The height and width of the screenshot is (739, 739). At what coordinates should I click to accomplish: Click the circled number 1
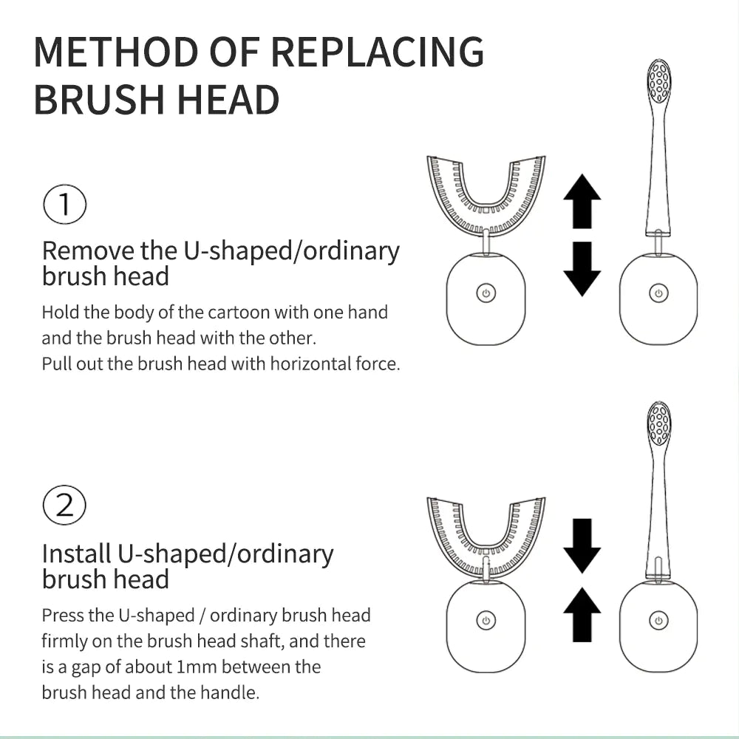coord(65,204)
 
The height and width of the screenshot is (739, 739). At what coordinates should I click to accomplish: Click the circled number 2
coord(65,506)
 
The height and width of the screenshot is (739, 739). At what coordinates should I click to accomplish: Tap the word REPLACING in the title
coord(378,52)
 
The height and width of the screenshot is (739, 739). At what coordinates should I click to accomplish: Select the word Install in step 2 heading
coord(76,554)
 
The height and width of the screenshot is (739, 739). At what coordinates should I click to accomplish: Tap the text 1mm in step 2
coord(197,667)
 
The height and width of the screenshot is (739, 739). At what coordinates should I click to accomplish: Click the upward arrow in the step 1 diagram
coord(582,201)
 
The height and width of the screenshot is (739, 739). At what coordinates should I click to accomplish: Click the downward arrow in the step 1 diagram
coord(582,268)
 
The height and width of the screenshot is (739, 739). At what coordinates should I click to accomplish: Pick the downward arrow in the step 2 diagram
coord(582,545)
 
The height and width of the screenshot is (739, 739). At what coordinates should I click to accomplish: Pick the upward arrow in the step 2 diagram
coord(582,613)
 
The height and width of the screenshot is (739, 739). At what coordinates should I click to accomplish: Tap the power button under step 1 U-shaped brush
coord(486,293)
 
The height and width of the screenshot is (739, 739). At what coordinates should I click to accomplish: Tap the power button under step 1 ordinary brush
coord(658,293)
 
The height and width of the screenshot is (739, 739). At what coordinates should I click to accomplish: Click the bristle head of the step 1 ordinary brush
coord(658,82)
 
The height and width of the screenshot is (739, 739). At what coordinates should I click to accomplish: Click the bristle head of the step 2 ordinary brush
coord(658,424)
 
